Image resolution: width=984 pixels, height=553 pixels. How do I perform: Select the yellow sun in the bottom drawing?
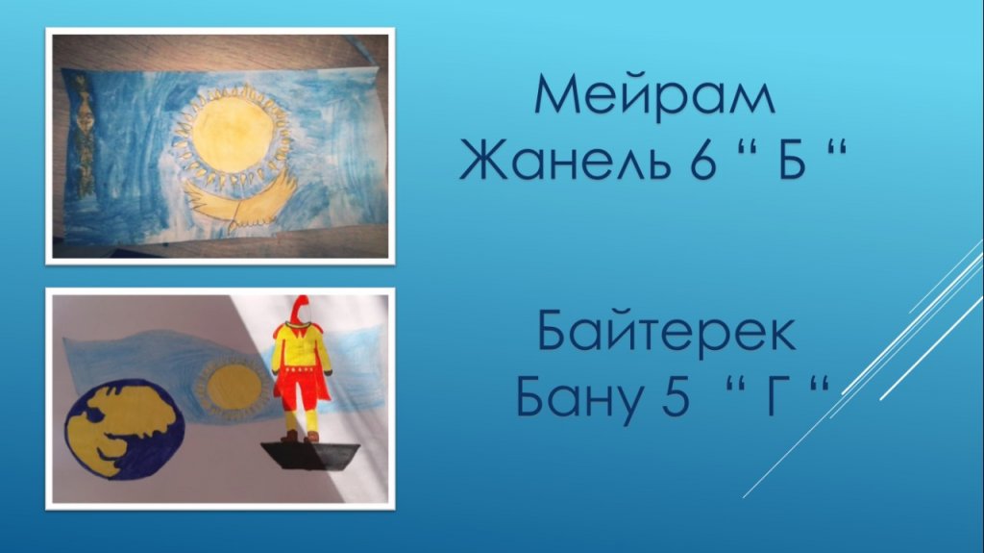click(234, 388)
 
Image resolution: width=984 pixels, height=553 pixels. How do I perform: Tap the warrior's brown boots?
click(300, 436)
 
